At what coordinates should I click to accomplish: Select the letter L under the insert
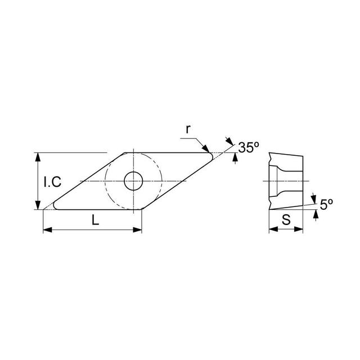coord(95,221)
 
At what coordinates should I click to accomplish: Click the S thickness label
coord(286,221)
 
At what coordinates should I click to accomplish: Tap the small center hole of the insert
coord(133,181)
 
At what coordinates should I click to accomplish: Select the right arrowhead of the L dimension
coord(138,229)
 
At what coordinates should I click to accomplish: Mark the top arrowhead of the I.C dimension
coord(38,156)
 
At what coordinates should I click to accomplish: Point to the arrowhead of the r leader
coord(208,150)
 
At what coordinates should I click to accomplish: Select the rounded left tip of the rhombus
coord(56,206)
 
